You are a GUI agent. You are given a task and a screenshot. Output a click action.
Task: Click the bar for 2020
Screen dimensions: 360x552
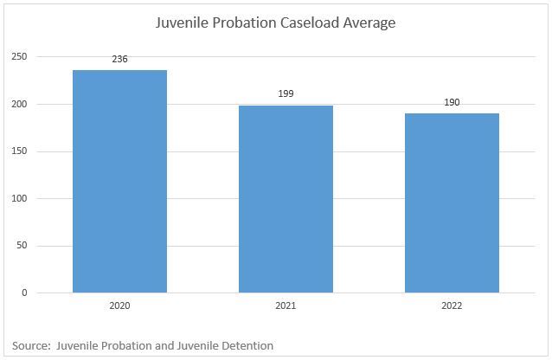(x=119, y=182)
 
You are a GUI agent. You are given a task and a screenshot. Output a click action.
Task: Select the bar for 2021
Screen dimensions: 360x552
(x=286, y=199)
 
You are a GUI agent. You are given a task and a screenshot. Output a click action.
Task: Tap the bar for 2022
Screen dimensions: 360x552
(x=452, y=203)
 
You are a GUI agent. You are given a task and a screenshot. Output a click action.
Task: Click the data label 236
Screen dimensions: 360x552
(x=119, y=60)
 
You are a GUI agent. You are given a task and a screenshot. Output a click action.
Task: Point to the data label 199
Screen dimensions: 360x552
(x=286, y=93)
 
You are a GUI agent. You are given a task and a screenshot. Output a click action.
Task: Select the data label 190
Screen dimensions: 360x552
(x=452, y=102)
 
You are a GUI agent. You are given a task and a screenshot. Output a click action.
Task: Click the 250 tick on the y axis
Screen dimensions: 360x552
(x=19, y=57)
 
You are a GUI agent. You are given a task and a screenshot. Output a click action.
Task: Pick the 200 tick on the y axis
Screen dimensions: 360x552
(x=19, y=105)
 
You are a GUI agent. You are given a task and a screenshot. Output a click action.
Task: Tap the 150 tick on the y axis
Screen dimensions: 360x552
(x=19, y=151)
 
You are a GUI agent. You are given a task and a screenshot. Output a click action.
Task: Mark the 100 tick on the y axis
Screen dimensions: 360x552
(x=19, y=198)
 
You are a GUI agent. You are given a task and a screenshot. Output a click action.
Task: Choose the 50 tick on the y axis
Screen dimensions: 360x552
(x=22, y=246)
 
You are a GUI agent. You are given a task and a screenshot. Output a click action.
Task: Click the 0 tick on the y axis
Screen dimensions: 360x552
(x=24, y=292)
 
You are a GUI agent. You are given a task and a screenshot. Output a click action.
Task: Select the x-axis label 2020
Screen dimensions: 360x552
(x=119, y=306)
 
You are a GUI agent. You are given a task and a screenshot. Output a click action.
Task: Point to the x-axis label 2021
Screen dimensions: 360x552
(x=286, y=306)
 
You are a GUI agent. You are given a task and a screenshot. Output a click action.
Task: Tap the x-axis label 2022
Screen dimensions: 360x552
(x=452, y=306)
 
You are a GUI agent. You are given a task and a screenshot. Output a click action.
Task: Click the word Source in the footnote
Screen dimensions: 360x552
(x=30, y=345)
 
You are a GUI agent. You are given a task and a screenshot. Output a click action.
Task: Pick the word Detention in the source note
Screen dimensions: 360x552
(x=246, y=345)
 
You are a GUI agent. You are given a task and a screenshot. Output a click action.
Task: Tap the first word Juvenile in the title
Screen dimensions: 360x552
(x=186, y=23)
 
